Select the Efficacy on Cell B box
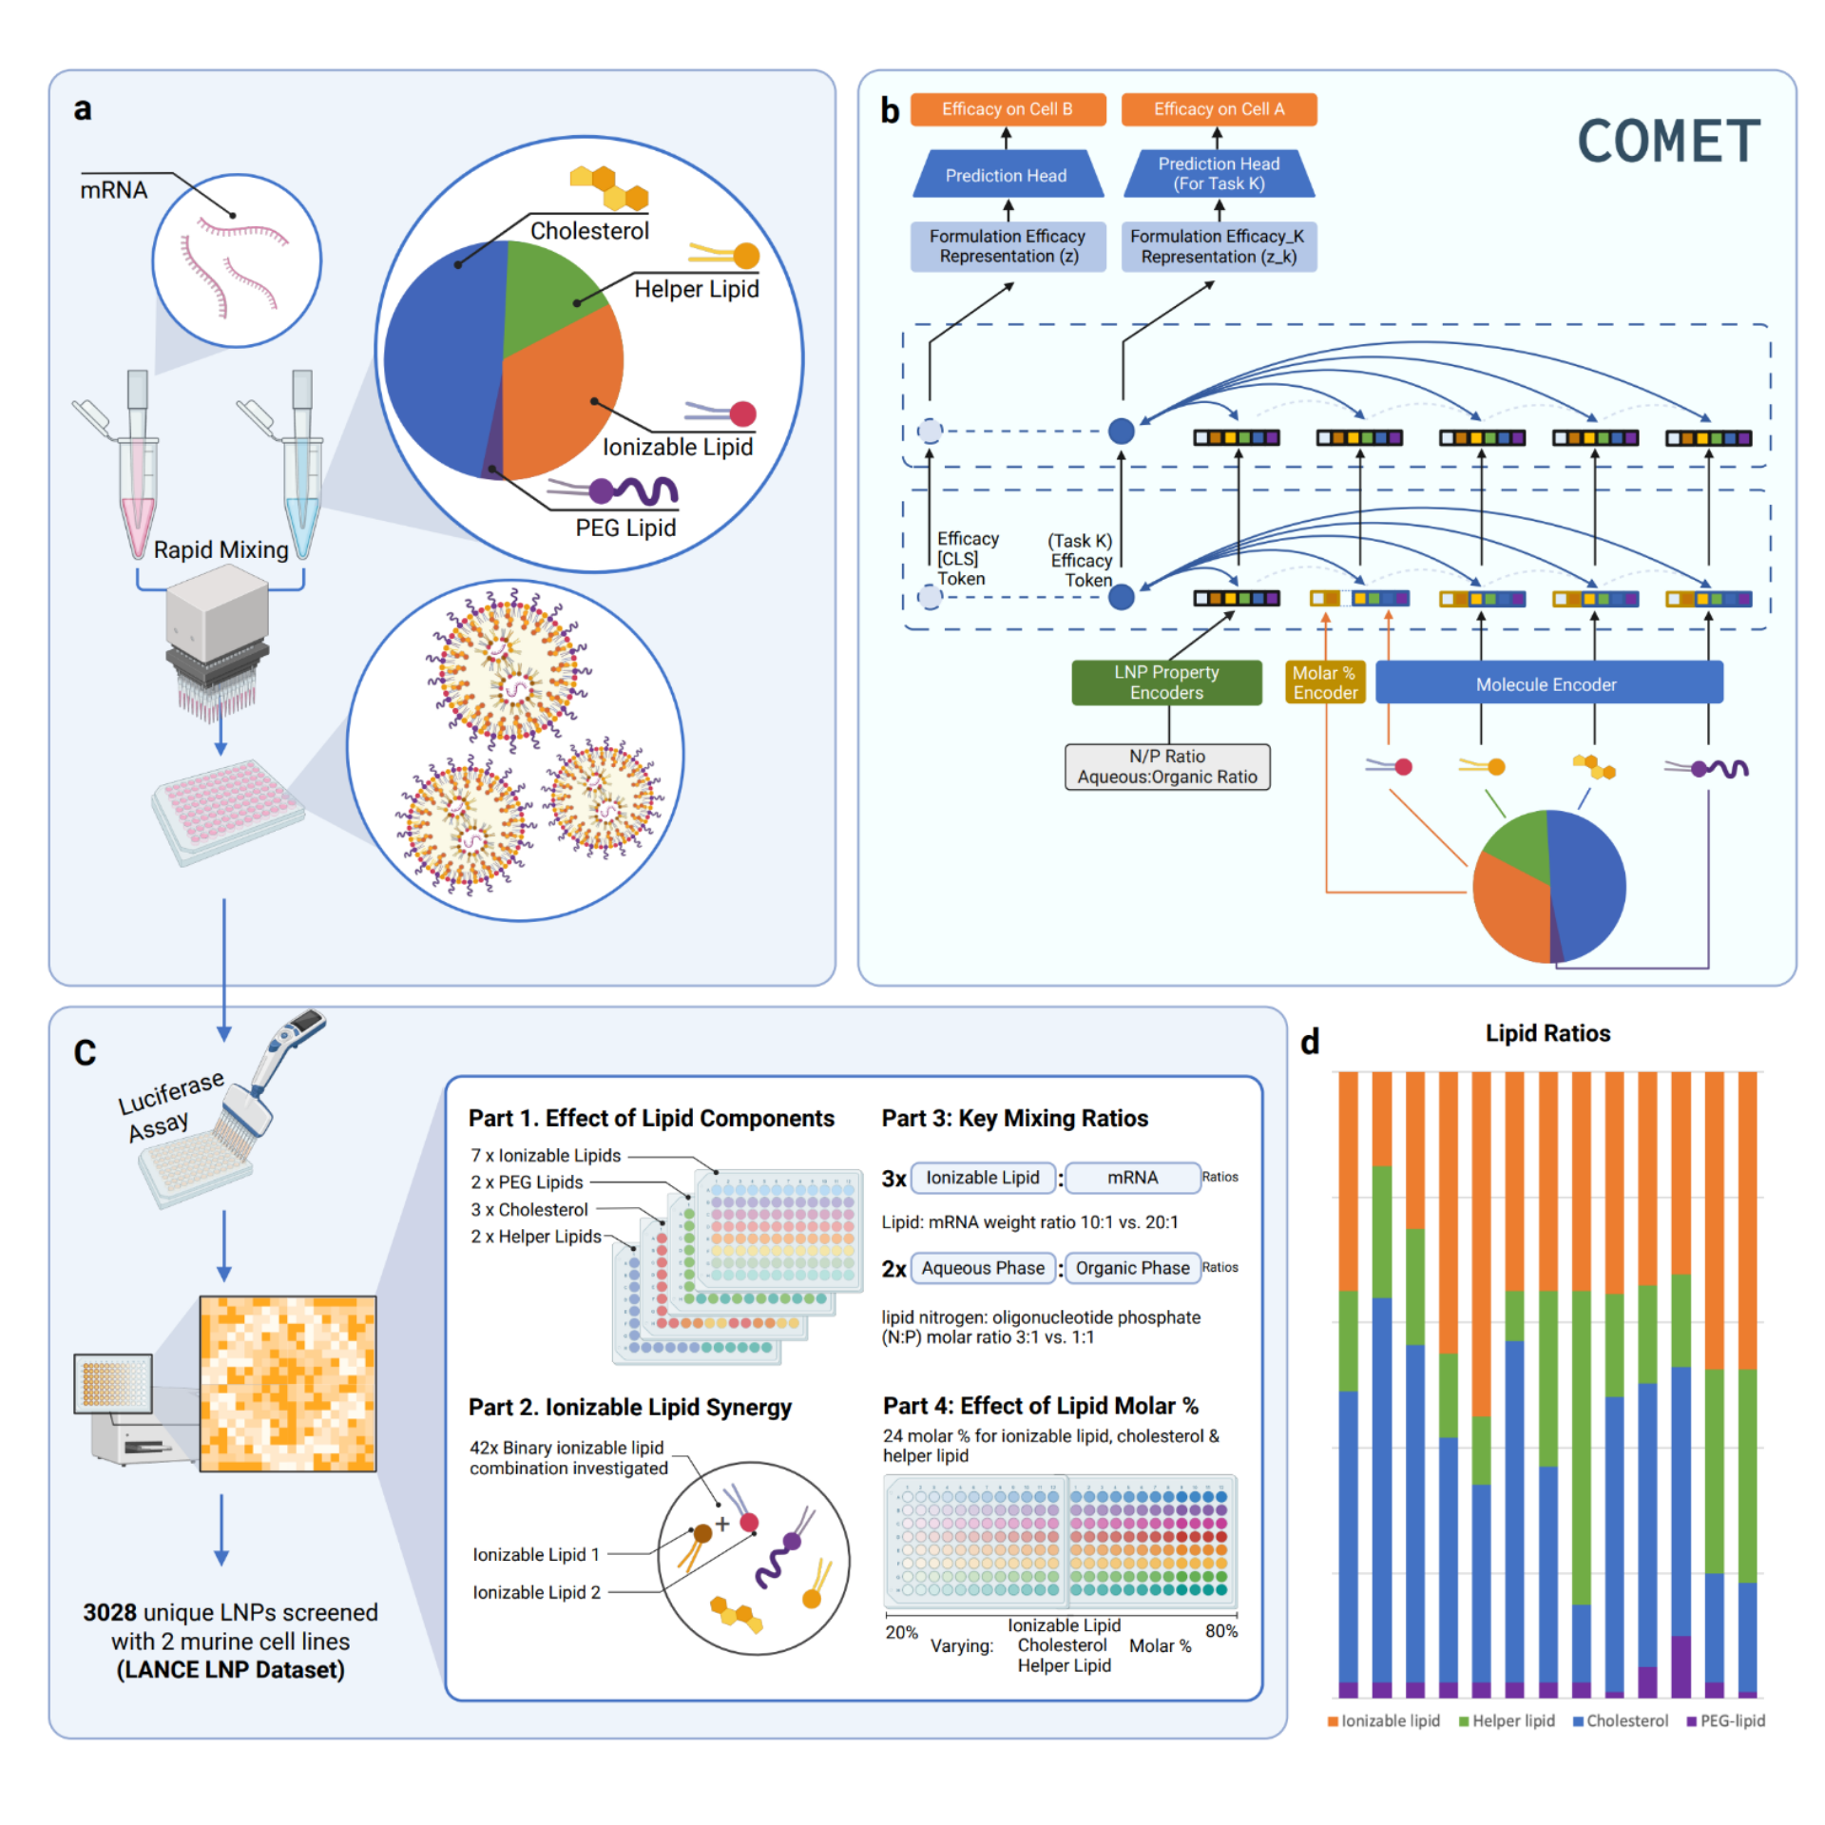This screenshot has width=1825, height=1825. click(1007, 109)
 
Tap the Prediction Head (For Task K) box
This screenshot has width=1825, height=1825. click(1219, 174)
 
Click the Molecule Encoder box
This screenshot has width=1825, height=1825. click(1546, 683)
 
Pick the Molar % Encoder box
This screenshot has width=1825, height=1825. click(1324, 682)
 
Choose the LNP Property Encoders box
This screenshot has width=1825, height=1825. click(1166, 682)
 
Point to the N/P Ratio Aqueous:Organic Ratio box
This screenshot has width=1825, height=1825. click(1166, 766)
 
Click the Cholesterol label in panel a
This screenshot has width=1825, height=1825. click(589, 231)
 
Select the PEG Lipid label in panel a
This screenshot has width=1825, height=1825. click(625, 528)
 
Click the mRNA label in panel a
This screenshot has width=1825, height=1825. click(113, 191)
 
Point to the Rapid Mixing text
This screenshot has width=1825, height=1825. click(221, 550)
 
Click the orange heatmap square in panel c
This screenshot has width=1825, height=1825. click(287, 1383)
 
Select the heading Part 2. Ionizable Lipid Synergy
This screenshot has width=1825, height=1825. click(629, 1407)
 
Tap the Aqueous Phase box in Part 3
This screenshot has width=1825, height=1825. click(982, 1268)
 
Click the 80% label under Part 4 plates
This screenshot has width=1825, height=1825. click(1220, 1631)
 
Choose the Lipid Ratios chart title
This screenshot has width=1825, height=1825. click(1547, 1033)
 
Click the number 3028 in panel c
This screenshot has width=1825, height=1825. click(110, 1612)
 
